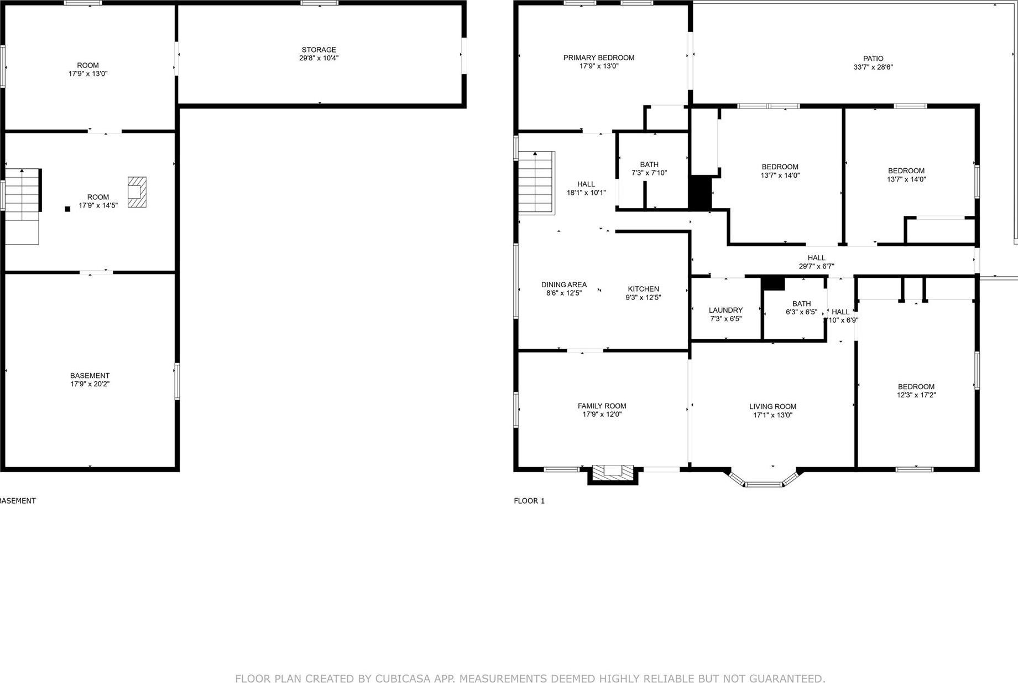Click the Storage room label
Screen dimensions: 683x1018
point(319,50)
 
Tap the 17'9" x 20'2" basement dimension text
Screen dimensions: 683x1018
point(90,384)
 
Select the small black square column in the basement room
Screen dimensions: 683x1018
point(67,209)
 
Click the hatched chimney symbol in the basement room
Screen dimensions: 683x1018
point(137,192)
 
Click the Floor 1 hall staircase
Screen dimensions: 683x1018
point(536,182)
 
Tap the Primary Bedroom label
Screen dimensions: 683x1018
point(598,58)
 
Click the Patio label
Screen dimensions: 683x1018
point(873,59)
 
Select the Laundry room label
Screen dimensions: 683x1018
point(725,311)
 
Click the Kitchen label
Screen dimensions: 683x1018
point(643,289)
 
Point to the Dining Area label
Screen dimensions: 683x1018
point(563,285)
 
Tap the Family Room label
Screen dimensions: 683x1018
point(602,406)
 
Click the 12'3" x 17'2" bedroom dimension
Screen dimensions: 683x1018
point(916,395)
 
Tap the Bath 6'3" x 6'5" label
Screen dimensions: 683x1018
point(801,304)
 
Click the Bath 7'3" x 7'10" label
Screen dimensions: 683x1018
point(649,164)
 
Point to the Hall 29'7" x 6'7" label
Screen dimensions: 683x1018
point(816,258)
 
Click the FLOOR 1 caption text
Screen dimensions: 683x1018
point(529,501)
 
